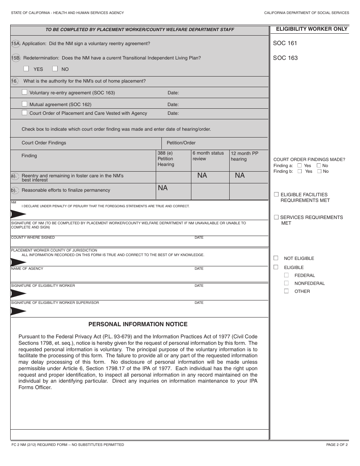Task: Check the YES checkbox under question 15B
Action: point(26,69)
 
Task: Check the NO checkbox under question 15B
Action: point(55,69)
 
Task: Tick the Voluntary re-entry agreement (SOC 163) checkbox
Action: point(25,92)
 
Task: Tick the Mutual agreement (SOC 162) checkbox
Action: point(25,104)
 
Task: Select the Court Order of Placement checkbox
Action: point(25,113)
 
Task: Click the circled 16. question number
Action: point(14,81)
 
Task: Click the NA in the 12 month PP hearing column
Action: point(240,175)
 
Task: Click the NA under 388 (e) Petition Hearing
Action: point(163,188)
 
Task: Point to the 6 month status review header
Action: point(208,156)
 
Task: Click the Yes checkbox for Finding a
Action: point(300,166)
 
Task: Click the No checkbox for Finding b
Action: point(319,171)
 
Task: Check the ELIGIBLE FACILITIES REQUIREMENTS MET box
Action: point(276,194)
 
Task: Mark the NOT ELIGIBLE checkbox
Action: point(276,258)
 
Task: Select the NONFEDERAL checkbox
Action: point(286,283)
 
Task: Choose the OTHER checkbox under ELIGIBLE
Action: point(286,291)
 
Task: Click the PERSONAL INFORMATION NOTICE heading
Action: point(138,324)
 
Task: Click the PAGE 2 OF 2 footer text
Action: point(337,445)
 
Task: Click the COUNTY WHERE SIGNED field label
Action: point(33,238)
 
